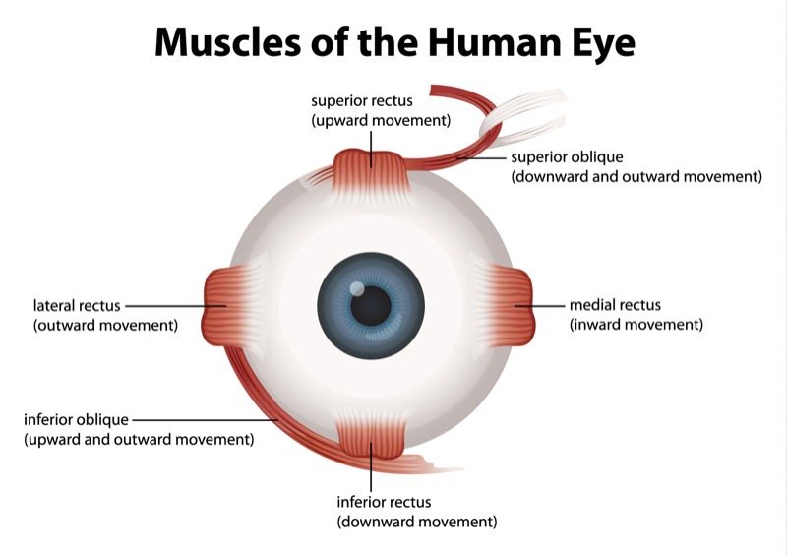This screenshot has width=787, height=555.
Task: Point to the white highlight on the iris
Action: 358,290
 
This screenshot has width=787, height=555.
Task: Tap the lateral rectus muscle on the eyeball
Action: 221,305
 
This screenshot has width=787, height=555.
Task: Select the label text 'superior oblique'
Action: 567,157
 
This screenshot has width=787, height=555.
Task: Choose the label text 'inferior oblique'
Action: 76,419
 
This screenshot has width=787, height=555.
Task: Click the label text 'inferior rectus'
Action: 384,502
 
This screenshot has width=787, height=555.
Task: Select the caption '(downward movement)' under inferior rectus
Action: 416,521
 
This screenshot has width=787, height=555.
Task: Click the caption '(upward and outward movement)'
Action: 139,438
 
